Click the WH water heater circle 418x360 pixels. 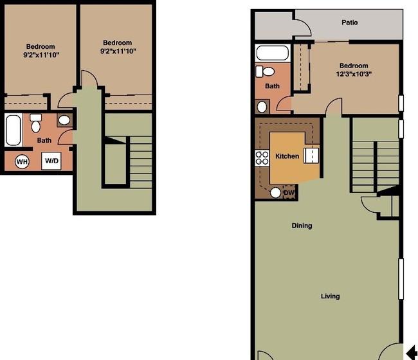[22, 161]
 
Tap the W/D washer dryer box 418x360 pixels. [51, 161]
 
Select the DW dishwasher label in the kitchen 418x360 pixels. [289, 192]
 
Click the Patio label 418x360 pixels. [349, 22]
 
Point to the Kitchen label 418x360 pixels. [287, 156]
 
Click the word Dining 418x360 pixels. [302, 226]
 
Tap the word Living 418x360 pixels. [331, 296]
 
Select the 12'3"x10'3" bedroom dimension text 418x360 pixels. [354, 74]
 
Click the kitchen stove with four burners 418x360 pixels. [262, 157]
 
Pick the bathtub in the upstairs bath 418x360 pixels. [13, 130]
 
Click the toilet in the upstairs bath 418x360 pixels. [36, 123]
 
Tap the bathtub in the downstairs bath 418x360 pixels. [272, 53]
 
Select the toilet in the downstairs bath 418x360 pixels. [265, 71]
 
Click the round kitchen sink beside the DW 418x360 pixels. [276, 193]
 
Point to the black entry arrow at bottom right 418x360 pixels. [412, 352]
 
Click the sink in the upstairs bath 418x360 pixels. [64, 120]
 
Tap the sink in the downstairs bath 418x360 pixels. [262, 107]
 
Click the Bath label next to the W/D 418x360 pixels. [44, 140]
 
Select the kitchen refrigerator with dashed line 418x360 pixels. [311, 156]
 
